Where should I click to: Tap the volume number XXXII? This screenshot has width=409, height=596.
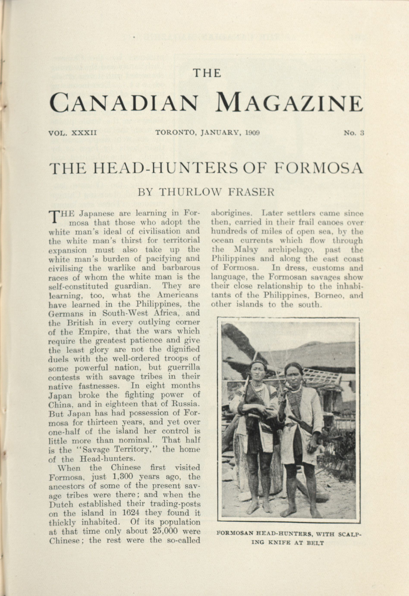click(83, 133)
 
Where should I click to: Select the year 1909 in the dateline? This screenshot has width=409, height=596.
click(252, 133)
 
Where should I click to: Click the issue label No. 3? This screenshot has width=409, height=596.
click(354, 133)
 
